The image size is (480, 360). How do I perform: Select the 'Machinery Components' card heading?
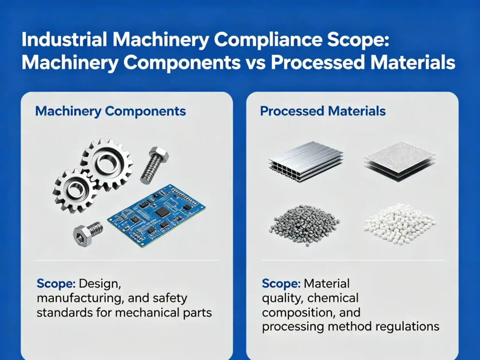click(x=111, y=111)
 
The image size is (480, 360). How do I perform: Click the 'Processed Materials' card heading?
click(x=322, y=111)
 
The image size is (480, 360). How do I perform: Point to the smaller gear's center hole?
click(x=75, y=189)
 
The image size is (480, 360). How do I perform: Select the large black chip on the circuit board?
click(x=162, y=212)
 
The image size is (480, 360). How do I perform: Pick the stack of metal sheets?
click(x=306, y=161)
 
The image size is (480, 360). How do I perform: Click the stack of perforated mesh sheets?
click(x=400, y=161)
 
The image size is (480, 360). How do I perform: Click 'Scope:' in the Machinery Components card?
click(x=56, y=284)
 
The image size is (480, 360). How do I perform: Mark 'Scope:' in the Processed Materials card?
click(x=281, y=284)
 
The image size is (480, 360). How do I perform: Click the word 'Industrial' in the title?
click(x=64, y=40)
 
